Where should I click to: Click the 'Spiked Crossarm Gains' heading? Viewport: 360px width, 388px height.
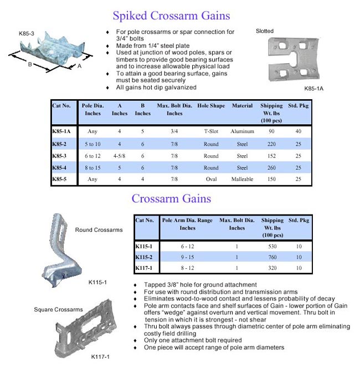pyautogui.click(x=171, y=16)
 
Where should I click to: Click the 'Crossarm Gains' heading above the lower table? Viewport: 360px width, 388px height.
pyautogui.click(x=171, y=198)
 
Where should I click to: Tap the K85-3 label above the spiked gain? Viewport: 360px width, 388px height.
pyautogui.click(x=27, y=34)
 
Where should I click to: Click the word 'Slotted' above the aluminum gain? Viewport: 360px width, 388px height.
pyautogui.click(x=265, y=31)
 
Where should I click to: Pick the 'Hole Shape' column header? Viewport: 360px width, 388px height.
pyautogui.click(x=211, y=106)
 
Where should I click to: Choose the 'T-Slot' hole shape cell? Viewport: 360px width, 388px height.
pyautogui.click(x=211, y=132)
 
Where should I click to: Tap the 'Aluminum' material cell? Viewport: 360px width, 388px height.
pyautogui.click(x=242, y=132)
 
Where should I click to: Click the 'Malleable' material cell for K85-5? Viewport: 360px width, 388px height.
pyautogui.click(x=242, y=179)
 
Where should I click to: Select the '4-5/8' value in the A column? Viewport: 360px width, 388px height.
pyautogui.click(x=120, y=156)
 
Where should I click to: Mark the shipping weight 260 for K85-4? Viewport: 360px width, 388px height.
pyautogui.click(x=271, y=167)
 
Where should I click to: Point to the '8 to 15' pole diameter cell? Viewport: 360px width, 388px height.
pyautogui.click(x=92, y=167)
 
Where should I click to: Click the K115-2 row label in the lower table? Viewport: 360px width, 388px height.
pyautogui.click(x=145, y=257)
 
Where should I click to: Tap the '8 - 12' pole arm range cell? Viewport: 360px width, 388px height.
pyautogui.click(x=187, y=268)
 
